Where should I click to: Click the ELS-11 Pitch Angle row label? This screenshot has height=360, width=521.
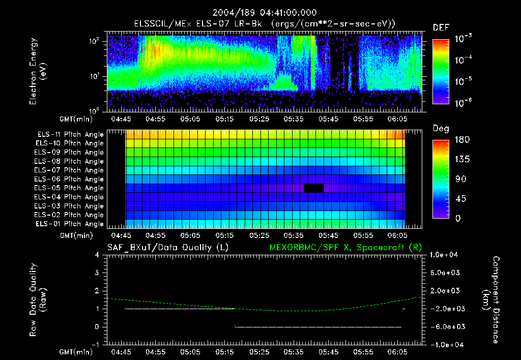[70, 135]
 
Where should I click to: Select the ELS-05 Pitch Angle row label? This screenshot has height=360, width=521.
[70, 188]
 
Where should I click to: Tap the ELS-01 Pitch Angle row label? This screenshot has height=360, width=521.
[70, 224]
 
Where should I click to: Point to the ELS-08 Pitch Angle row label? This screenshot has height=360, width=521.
[70, 161]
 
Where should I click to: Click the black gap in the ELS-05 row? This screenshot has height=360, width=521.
[314, 188]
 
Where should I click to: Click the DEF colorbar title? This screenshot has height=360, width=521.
[441, 27]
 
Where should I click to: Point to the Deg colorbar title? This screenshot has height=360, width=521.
[441, 129]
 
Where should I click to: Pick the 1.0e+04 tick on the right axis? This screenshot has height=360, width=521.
[445, 255]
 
